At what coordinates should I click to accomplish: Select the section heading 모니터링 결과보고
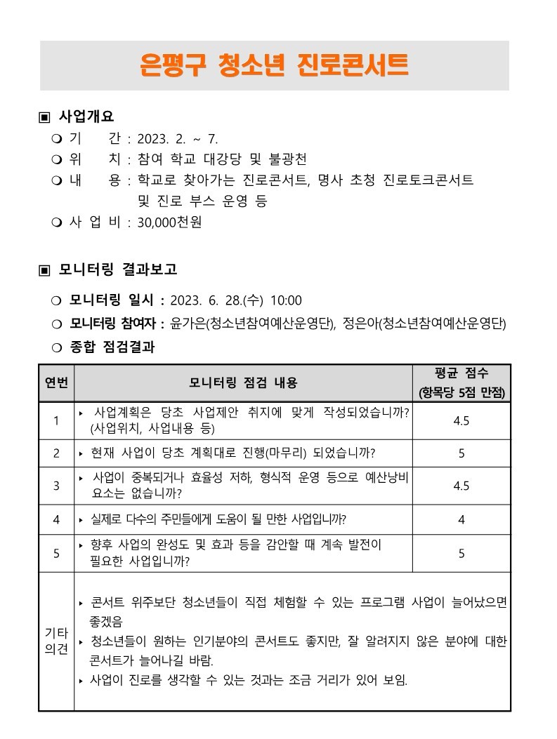pyautogui.click(x=118, y=269)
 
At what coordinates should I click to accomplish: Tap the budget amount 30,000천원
pyautogui.click(x=170, y=222)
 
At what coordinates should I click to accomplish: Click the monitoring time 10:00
pyautogui.click(x=286, y=301)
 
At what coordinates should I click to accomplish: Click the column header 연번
pyautogui.click(x=56, y=383)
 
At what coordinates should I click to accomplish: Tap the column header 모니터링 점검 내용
pyautogui.click(x=243, y=383)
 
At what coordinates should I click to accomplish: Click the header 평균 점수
pyautogui.click(x=461, y=373)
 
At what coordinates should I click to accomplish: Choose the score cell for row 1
pyautogui.click(x=461, y=420)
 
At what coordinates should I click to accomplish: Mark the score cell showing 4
pyautogui.click(x=461, y=520)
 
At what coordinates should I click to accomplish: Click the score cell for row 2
pyautogui.click(x=461, y=453)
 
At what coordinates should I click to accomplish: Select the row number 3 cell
pyautogui.click(x=56, y=486)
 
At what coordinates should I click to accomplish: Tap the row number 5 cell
pyautogui.click(x=56, y=553)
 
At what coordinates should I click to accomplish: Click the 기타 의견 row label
pyautogui.click(x=56, y=641)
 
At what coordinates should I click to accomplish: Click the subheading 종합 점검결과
pyautogui.click(x=112, y=347)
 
